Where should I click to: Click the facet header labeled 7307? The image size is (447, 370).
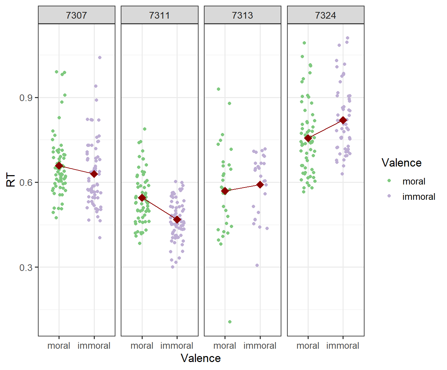pos(76,15)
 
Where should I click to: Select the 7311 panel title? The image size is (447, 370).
pos(159,15)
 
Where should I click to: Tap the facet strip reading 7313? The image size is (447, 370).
pos(242,15)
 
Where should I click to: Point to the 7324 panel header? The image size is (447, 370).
pos(326,15)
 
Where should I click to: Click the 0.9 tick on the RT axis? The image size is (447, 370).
pos(26,98)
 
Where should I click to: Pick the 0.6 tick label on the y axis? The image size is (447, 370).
pos(26,183)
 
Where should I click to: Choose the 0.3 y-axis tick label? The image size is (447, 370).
pos(26,268)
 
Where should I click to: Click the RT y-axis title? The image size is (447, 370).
pos(11,180)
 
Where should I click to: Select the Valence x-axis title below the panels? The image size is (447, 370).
pos(201,358)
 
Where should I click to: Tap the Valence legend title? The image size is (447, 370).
pos(401,163)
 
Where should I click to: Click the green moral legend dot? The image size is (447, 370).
pos(389,181)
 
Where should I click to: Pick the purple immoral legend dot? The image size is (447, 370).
pos(389,196)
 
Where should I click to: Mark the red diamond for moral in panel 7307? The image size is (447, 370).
pos(59,166)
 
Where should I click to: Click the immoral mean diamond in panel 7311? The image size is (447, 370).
pos(177,220)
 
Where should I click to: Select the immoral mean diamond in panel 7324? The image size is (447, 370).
pos(343,120)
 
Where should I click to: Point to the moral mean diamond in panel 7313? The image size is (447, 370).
pos(225,191)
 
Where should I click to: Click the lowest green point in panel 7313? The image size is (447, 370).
pos(230,322)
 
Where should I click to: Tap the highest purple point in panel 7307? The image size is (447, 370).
pos(100,58)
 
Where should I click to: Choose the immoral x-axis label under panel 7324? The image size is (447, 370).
pos(343,346)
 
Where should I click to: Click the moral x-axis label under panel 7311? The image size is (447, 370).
pos(142,346)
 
